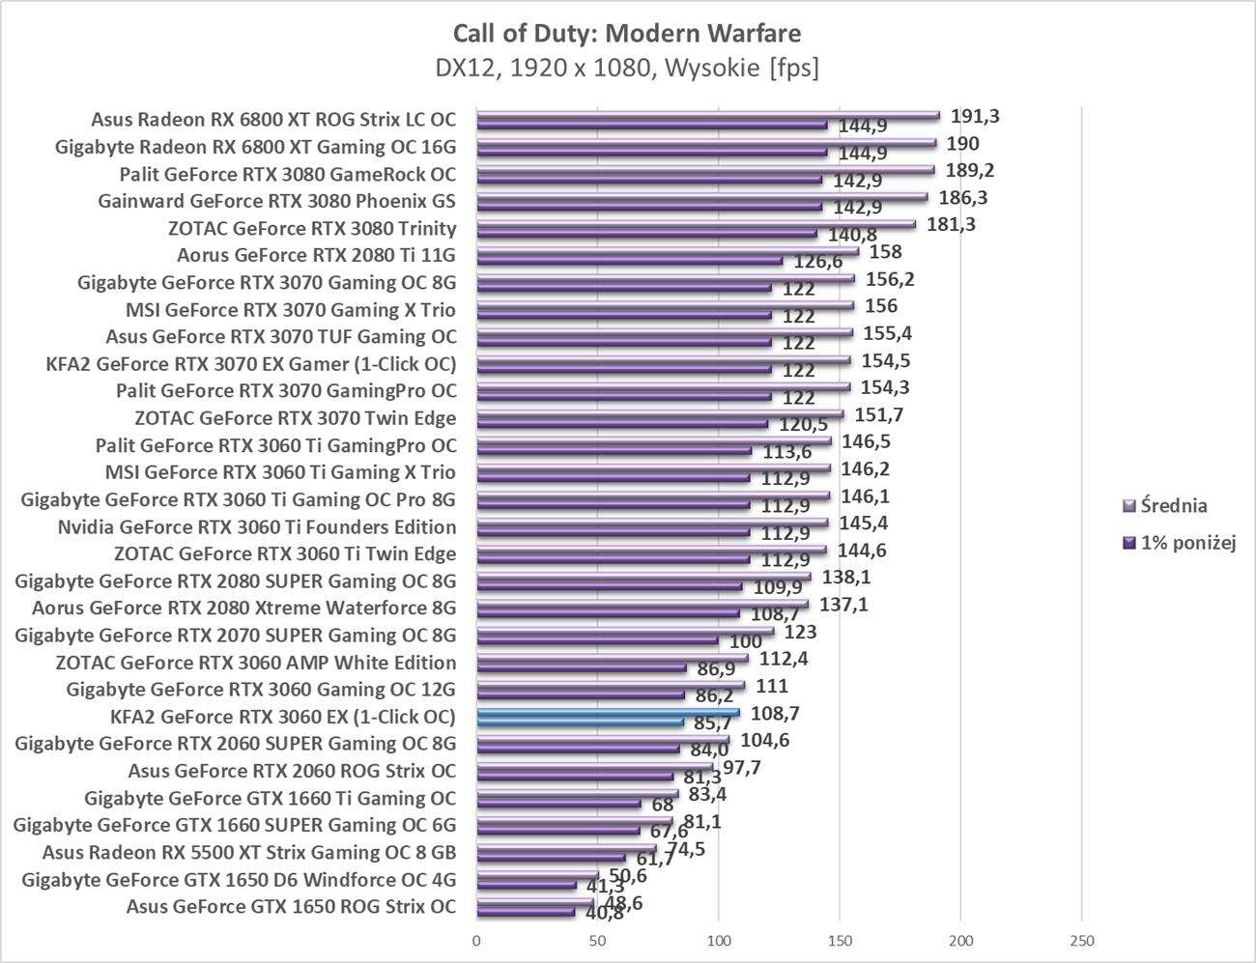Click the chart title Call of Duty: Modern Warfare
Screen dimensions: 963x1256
coord(627,34)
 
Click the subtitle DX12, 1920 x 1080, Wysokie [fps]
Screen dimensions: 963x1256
coord(627,69)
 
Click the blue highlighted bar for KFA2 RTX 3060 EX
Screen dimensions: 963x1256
coord(608,714)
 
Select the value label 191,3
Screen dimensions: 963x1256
coord(975,117)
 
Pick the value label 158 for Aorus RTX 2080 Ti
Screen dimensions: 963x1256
coord(885,252)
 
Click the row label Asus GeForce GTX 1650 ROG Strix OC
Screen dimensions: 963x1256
coord(291,907)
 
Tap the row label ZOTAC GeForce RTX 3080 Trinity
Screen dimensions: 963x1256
coord(312,229)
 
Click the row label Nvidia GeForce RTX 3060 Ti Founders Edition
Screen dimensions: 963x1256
coord(257,527)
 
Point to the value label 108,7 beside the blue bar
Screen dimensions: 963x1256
coord(774,714)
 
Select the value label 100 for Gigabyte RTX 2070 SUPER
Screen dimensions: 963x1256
coord(744,641)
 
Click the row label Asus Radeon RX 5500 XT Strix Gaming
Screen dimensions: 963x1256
coord(249,853)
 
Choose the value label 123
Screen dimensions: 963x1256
coord(801,632)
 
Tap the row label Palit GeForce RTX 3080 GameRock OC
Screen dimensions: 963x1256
coord(288,175)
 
